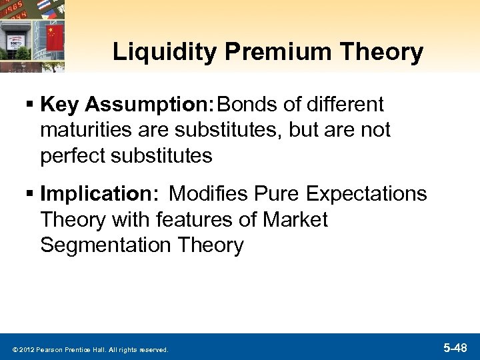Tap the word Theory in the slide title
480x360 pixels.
tap(386, 53)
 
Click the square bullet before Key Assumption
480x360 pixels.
tap(31, 105)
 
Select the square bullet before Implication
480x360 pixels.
tap(31, 195)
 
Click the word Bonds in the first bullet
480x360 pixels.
tap(245, 104)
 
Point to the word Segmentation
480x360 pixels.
tap(106, 245)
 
